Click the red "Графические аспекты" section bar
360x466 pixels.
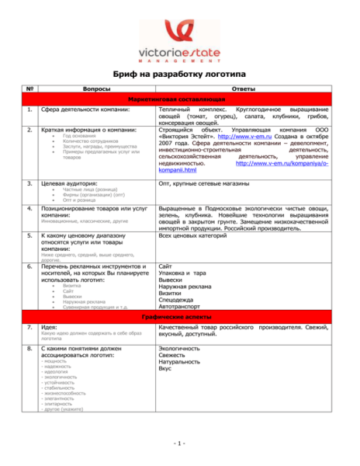[x=181, y=318]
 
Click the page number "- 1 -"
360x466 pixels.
[x=180, y=443]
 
